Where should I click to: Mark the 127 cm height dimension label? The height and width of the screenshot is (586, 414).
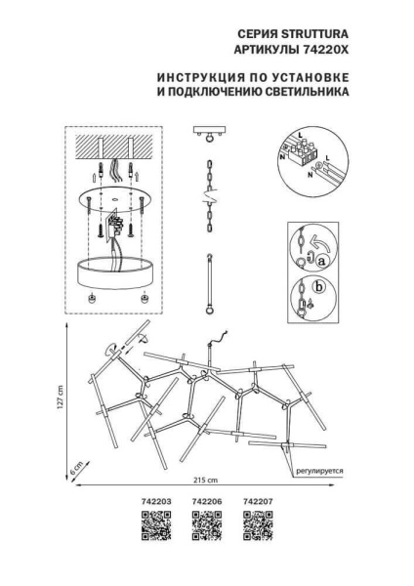(60, 398)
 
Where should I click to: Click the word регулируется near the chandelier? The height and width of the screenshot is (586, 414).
(319, 470)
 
